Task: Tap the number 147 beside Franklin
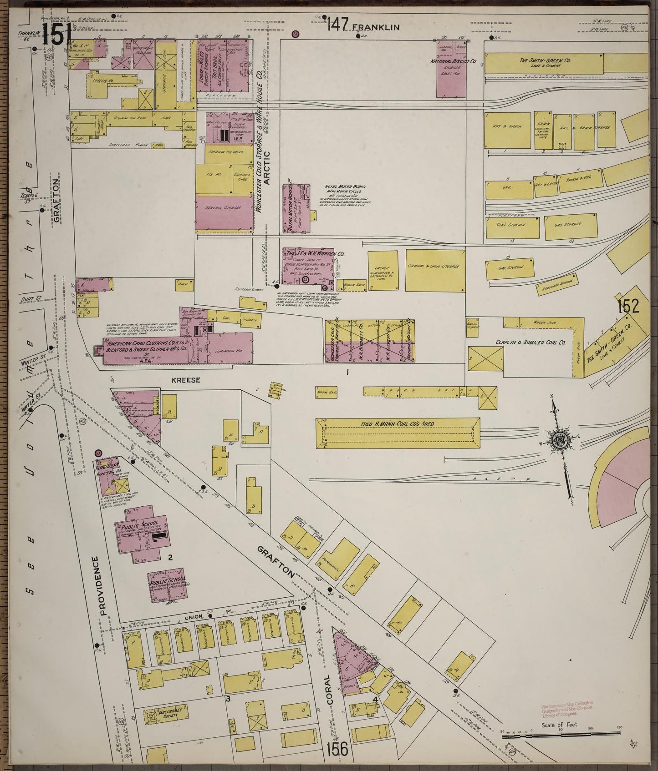337,24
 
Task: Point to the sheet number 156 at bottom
338,748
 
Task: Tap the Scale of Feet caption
560,725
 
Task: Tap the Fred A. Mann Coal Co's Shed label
397,424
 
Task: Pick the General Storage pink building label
224,207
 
